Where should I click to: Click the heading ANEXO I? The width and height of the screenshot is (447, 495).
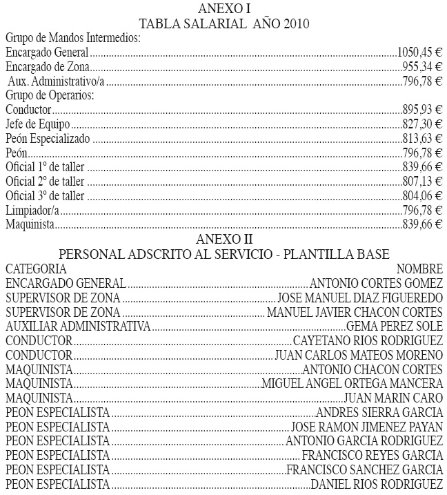(223, 8)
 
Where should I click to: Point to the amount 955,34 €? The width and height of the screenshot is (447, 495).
(422, 67)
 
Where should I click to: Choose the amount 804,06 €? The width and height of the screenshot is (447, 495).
(422, 195)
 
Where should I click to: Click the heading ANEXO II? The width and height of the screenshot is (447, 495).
(223, 239)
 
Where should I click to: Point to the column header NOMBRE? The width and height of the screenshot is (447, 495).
(419, 268)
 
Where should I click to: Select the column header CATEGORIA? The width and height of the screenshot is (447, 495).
(36, 268)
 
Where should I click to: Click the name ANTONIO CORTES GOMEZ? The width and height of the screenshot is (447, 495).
(377, 283)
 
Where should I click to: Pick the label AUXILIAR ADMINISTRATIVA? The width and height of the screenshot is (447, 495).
(77, 326)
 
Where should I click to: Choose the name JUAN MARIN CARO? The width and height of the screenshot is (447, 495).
(393, 398)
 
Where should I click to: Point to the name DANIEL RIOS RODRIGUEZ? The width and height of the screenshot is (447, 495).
(377, 484)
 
